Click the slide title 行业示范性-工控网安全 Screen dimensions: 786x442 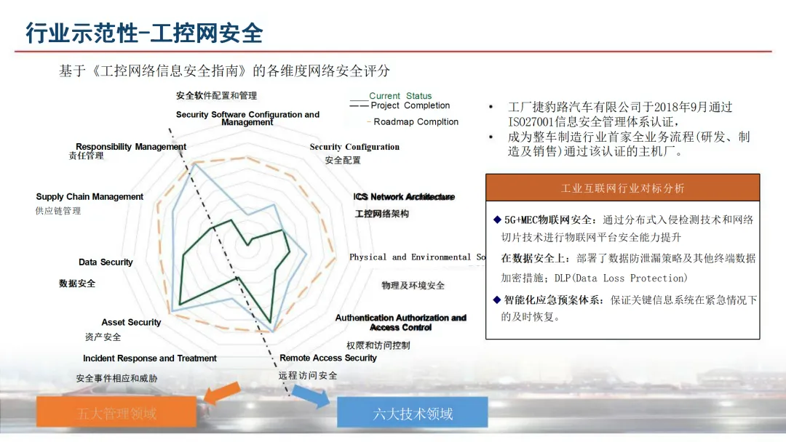(x=144, y=33)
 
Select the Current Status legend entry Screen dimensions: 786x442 (x=400, y=96)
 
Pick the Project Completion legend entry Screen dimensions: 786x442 (x=410, y=105)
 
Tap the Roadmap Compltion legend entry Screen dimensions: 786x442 (x=416, y=122)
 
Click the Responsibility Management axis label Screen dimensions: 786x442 (x=131, y=147)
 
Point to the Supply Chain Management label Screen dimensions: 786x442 (x=90, y=197)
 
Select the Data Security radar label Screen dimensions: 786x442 (x=106, y=262)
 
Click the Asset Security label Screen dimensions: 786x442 (x=131, y=323)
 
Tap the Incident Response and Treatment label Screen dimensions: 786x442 (x=149, y=358)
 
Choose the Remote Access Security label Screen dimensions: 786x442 (x=328, y=358)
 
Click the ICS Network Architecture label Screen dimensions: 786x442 (x=404, y=197)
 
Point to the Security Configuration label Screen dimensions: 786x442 (x=354, y=147)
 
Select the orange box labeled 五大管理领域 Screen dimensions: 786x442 (x=116, y=414)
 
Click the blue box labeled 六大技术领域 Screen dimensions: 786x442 (x=413, y=414)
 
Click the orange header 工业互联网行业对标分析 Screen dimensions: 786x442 (x=622, y=188)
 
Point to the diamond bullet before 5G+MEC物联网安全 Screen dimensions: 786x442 (x=496, y=220)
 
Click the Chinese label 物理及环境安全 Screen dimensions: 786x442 (x=413, y=286)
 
